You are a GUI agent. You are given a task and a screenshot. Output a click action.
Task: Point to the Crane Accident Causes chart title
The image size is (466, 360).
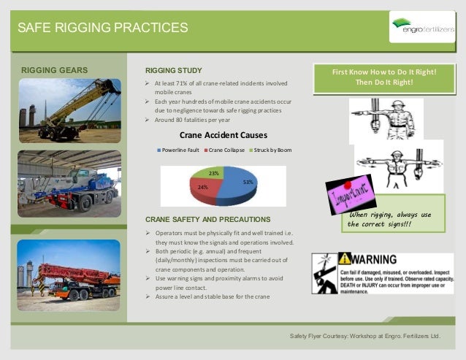pyautogui.click(x=223, y=135)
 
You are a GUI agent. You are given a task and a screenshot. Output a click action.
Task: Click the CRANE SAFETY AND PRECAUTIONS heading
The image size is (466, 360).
pyautogui.click(x=208, y=219)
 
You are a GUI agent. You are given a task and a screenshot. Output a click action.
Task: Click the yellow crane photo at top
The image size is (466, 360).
pyautogui.click(x=69, y=110)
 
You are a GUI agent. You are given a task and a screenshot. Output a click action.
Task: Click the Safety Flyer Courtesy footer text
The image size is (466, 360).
pyautogui.click(x=365, y=337)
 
